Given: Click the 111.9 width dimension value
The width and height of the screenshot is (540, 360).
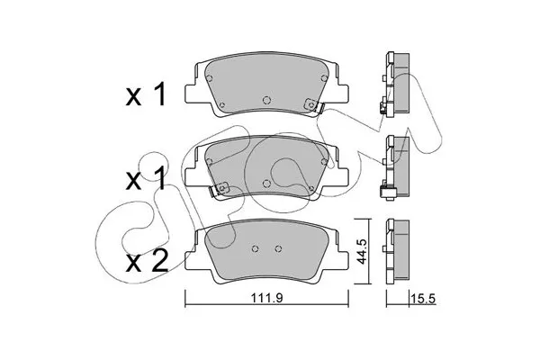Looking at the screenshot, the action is (267, 298).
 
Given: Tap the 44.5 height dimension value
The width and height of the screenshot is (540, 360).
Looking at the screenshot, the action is (361, 252).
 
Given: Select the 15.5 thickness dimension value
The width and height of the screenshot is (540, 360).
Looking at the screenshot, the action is (423, 299).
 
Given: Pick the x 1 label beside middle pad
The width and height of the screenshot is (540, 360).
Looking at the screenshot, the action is (146, 179).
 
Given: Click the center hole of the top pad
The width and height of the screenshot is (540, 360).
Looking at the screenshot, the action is (266, 100).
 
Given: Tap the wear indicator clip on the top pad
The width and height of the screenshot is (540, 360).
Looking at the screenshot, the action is (313, 105).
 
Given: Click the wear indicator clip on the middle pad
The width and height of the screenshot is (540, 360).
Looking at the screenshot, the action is (219, 189).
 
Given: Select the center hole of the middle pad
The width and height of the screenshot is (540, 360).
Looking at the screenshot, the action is (266, 184).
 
